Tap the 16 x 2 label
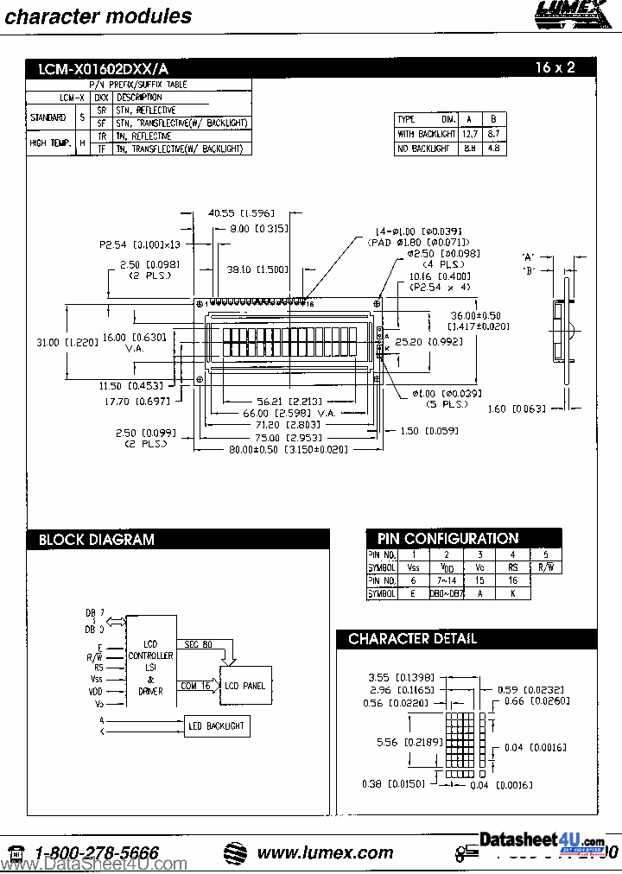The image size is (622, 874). [x=555, y=67]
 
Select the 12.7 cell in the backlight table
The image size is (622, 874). [x=469, y=134]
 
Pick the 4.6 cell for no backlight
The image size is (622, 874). [x=492, y=149]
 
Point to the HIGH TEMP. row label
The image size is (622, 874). [x=50, y=142]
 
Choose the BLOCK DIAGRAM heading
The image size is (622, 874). [x=97, y=540]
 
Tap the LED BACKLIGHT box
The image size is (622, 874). [x=217, y=726]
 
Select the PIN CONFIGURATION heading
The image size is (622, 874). [x=447, y=538]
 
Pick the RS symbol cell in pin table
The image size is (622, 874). [x=512, y=567]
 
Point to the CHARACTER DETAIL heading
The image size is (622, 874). [x=412, y=639]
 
